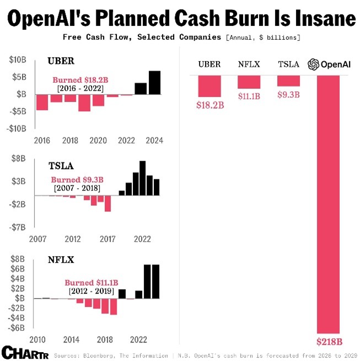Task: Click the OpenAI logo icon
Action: click(x=314, y=65)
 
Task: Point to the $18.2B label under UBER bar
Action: click(x=210, y=105)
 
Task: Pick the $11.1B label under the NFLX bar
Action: click(x=249, y=97)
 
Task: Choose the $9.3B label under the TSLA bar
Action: click(x=288, y=94)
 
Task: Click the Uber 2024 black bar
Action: click(x=155, y=83)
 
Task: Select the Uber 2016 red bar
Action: click(x=42, y=102)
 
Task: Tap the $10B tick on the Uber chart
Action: click(x=18, y=60)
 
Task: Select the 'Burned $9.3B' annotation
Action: click(x=77, y=179)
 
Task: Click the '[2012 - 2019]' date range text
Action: click(x=91, y=290)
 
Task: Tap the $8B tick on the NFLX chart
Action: click(x=19, y=259)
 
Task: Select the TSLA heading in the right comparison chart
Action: click(x=289, y=65)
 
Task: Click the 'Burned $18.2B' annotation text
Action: click(x=80, y=79)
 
